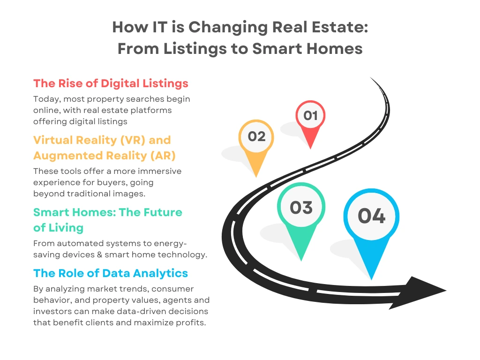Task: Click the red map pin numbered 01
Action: (x=310, y=117)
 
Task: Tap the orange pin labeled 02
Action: (x=256, y=137)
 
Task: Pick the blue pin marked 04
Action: (x=371, y=217)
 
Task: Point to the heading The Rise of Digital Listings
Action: (x=111, y=83)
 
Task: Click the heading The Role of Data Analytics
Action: (x=111, y=273)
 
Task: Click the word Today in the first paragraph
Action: (x=46, y=99)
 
